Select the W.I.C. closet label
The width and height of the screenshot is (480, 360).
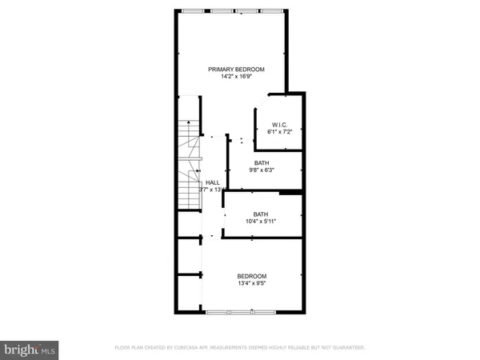tap(279, 124)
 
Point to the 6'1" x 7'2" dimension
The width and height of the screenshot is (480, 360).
tap(279, 132)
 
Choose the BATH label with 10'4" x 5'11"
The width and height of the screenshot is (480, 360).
tap(261, 214)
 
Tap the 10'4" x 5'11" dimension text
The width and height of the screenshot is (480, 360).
tap(261, 222)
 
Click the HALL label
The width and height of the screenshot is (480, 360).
tap(212, 182)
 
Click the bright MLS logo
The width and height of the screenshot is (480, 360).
tap(30, 350)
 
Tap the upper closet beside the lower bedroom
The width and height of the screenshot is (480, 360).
tap(190, 256)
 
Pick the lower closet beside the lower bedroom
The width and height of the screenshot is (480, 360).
tap(190, 293)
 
